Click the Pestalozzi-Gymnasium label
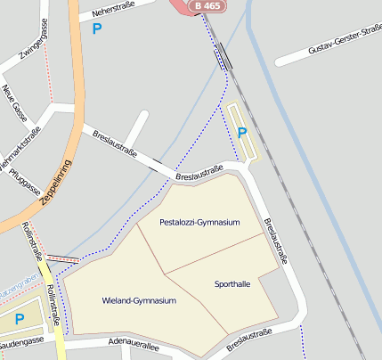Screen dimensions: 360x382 (199, 222)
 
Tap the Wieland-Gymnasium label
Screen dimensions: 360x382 (139, 301)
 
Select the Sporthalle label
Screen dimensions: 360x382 (232, 284)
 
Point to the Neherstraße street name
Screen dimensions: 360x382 (110, 11)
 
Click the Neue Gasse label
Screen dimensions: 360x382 (13, 102)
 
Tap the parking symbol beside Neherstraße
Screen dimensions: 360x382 (96, 29)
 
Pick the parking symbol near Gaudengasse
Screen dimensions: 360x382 (19, 319)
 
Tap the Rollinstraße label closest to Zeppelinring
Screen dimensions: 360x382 (33, 241)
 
